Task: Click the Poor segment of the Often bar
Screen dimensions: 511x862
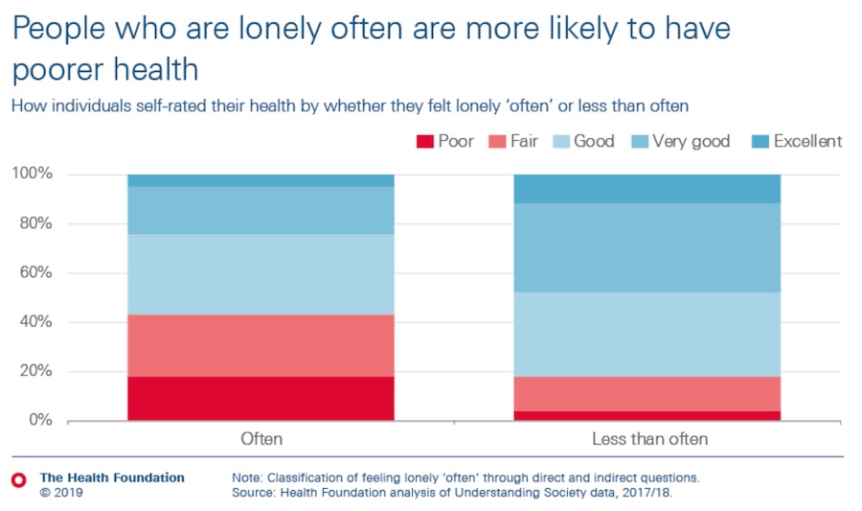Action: pos(261,398)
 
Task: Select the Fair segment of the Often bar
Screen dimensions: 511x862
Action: pos(261,345)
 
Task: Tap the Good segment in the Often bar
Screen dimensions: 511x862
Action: pos(261,274)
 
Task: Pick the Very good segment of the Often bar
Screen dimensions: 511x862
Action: pos(261,210)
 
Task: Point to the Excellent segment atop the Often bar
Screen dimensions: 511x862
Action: pos(261,180)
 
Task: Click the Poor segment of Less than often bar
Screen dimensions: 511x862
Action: pos(647,415)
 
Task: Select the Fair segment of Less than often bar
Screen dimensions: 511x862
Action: pos(647,393)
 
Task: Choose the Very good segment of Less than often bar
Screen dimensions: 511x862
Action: pos(647,247)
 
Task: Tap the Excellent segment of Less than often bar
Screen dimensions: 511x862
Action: pos(647,188)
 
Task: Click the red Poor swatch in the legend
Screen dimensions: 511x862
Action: pos(424,142)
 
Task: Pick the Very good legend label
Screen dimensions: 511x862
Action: pos(691,141)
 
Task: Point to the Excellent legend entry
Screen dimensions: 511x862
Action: pos(807,141)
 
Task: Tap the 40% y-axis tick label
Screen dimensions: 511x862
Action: pos(34,322)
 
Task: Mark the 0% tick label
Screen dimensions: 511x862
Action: pos(38,420)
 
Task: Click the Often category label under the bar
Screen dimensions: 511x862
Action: pos(261,439)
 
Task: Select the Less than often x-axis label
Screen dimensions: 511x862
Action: pos(647,439)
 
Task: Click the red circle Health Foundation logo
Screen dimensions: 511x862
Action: pos(17,478)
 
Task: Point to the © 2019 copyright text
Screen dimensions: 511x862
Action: pos(61,493)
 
